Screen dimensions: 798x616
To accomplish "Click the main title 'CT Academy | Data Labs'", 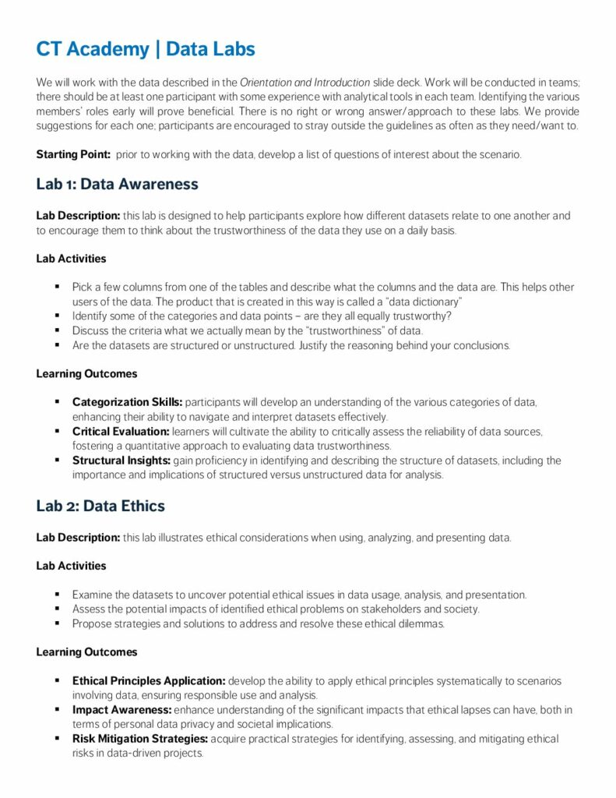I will coord(146,49).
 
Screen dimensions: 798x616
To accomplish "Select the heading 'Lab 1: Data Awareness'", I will coord(117,185).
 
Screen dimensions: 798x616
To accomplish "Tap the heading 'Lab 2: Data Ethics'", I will coord(100,506).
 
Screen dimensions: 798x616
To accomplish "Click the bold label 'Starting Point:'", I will coord(73,154).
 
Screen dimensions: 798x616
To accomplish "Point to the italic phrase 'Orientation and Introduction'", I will coord(304,82).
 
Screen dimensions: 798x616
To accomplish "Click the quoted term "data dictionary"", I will coord(422,301).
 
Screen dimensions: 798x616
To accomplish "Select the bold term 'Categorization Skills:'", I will coord(127,402).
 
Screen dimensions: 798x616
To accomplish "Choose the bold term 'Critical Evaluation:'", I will coord(121,431).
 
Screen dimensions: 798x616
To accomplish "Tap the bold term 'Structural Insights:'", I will coord(121,461).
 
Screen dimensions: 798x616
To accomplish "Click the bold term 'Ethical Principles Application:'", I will coord(149,681).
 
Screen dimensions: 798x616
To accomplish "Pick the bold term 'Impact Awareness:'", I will coord(121,710).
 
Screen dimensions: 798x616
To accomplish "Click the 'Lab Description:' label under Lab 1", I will coord(78,216).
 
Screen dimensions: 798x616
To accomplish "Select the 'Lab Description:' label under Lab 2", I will coord(78,538).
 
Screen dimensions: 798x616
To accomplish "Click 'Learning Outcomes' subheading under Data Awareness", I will coord(86,374).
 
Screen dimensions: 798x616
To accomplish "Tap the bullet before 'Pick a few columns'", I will coord(58,287).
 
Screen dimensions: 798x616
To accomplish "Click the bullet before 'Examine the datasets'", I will coord(58,595).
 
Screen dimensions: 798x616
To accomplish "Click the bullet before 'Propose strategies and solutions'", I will coord(58,623).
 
